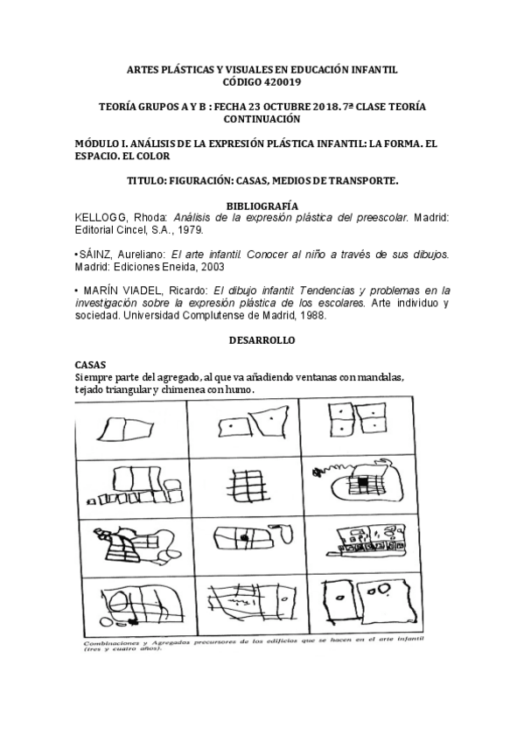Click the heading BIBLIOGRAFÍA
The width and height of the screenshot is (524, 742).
(x=262, y=205)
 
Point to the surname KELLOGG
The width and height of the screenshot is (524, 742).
(x=100, y=217)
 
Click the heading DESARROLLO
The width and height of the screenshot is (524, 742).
(x=262, y=339)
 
